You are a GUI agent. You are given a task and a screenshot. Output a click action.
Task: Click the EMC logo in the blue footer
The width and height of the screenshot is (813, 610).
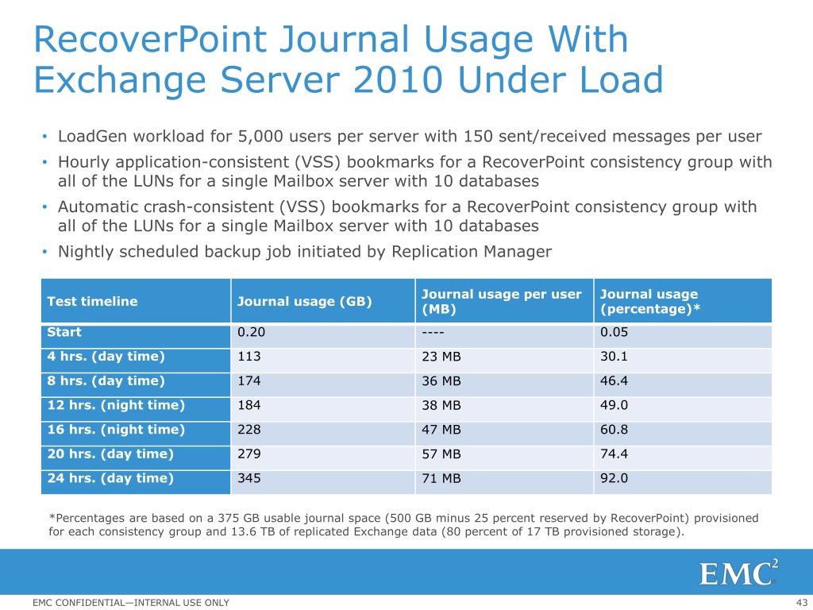(x=738, y=573)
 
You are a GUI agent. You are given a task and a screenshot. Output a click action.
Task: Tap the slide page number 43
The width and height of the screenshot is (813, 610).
(x=801, y=603)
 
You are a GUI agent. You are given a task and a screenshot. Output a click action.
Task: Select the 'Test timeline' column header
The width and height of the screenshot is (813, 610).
(x=92, y=301)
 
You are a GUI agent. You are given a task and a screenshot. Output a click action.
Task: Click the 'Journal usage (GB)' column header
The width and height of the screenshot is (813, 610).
(x=304, y=301)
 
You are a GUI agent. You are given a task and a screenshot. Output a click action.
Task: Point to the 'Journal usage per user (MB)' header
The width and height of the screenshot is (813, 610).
(x=502, y=301)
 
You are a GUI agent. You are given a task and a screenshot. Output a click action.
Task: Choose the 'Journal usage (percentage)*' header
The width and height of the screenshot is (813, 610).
(x=650, y=301)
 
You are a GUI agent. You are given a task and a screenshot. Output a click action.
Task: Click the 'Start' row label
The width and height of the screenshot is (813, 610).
(x=64, y=332)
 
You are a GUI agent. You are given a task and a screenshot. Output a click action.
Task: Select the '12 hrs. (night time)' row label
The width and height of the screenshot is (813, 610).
(x=116, y=405)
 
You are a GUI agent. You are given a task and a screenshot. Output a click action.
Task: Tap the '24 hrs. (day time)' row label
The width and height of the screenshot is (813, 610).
(x=110, y=478)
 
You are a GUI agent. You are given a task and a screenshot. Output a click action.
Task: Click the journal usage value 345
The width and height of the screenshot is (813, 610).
(x=249, y=478)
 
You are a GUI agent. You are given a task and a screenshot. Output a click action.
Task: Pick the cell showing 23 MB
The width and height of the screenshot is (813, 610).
(x=441, y=357)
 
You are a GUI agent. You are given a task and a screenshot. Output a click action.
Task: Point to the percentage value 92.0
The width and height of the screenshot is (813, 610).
(x=614, y=478)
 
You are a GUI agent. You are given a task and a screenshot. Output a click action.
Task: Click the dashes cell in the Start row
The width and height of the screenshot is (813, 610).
(x=433, y=333)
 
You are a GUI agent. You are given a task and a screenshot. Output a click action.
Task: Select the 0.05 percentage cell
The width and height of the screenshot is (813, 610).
(x=614, y=332)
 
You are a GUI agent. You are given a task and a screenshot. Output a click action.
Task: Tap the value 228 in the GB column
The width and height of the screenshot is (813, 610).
(x=249, y=430)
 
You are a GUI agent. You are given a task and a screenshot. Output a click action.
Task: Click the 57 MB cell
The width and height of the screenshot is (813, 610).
(x=441, y=454)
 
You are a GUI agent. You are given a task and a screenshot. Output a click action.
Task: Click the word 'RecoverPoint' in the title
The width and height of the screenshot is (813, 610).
(x=150, y=40)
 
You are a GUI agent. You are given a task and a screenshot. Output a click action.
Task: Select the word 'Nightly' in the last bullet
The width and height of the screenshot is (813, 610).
(x=86, y=252)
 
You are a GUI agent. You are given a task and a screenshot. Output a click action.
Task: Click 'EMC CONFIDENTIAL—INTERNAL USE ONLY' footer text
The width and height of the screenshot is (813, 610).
(x=131, y=603)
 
